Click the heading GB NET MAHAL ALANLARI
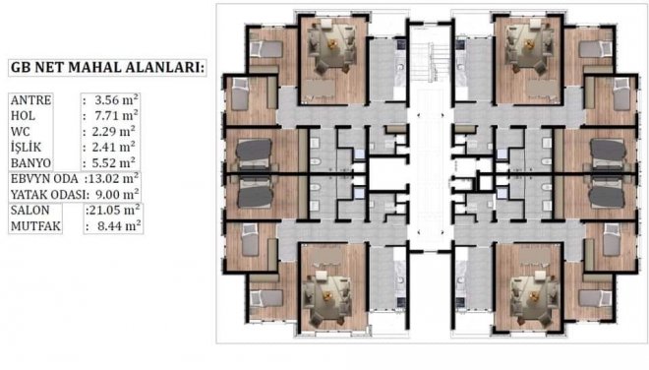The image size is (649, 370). point(107,68)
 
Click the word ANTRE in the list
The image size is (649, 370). point(31,100)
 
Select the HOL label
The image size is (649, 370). point(23,116)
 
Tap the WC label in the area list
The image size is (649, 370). point(21,132)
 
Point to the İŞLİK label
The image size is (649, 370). point(27,147)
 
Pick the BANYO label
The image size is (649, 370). point(30,162)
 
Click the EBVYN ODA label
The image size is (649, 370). point(44,179)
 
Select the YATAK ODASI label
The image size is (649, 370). point(50,194)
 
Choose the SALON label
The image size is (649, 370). point(29,210)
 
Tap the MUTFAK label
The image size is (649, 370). point(35,226)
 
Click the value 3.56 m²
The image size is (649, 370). point(116,99)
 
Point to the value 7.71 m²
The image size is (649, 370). point(116,115)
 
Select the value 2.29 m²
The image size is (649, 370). point(113,131)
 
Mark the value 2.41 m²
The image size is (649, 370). point(113,147)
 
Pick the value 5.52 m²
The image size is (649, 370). point(113,162)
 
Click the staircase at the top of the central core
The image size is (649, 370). point(429,63)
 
